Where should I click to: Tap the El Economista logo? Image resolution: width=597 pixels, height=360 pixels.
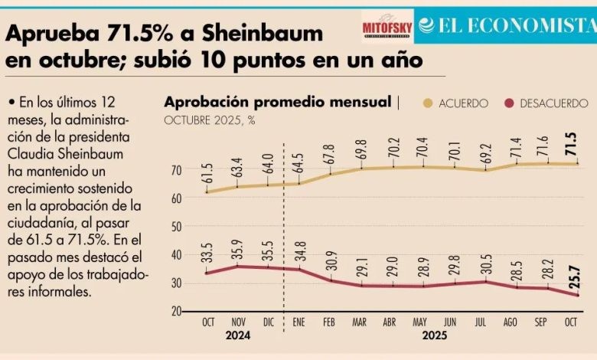point(506,25)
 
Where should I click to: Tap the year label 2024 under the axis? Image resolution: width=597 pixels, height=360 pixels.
point(237,335)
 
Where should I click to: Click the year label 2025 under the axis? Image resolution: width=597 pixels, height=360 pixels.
point(434,335)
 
